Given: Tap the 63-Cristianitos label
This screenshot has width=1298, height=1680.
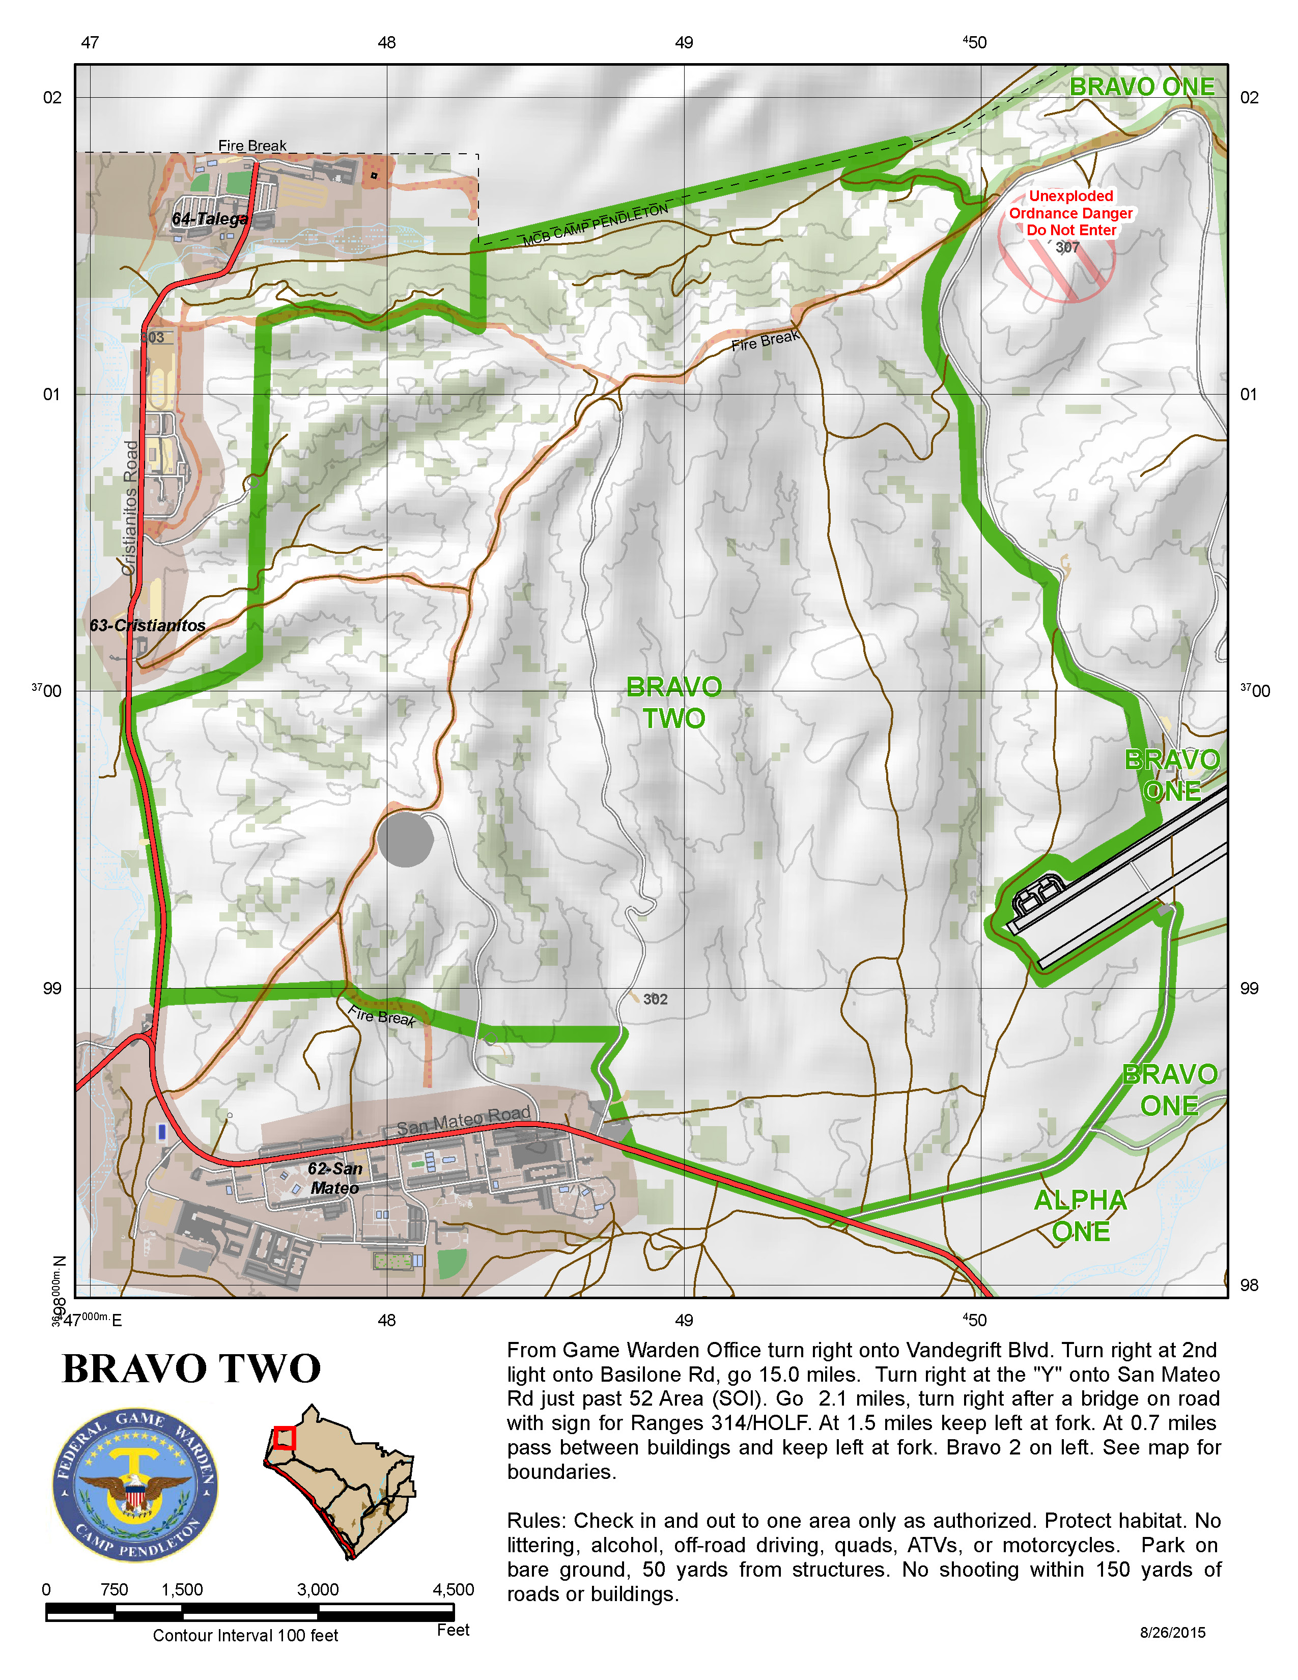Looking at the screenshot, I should pyautogui.click(x=148, y=625).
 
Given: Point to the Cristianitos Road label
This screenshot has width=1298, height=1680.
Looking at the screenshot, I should pyautogui.click(x=131, y=508).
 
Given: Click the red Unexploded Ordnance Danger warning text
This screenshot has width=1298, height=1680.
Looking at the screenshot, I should pyautogui.click(x=1070, y=213).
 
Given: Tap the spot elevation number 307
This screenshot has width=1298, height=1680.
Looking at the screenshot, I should pyautogui.click(x=1067, y=248).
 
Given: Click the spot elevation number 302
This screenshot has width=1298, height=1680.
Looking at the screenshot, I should pyautogui.click(x=655, y=999).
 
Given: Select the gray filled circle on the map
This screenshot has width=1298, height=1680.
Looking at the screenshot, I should pyautogui.click(x=405, y=840).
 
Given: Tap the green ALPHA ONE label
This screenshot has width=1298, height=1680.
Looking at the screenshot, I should pyautogui.click(x=1080, y=1216).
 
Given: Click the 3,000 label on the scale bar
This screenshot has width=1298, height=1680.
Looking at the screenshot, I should pyautogui.click(x=318, y=1589).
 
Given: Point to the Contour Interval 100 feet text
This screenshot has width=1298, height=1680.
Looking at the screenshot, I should pyautogui.click(x=245, y=1635).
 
